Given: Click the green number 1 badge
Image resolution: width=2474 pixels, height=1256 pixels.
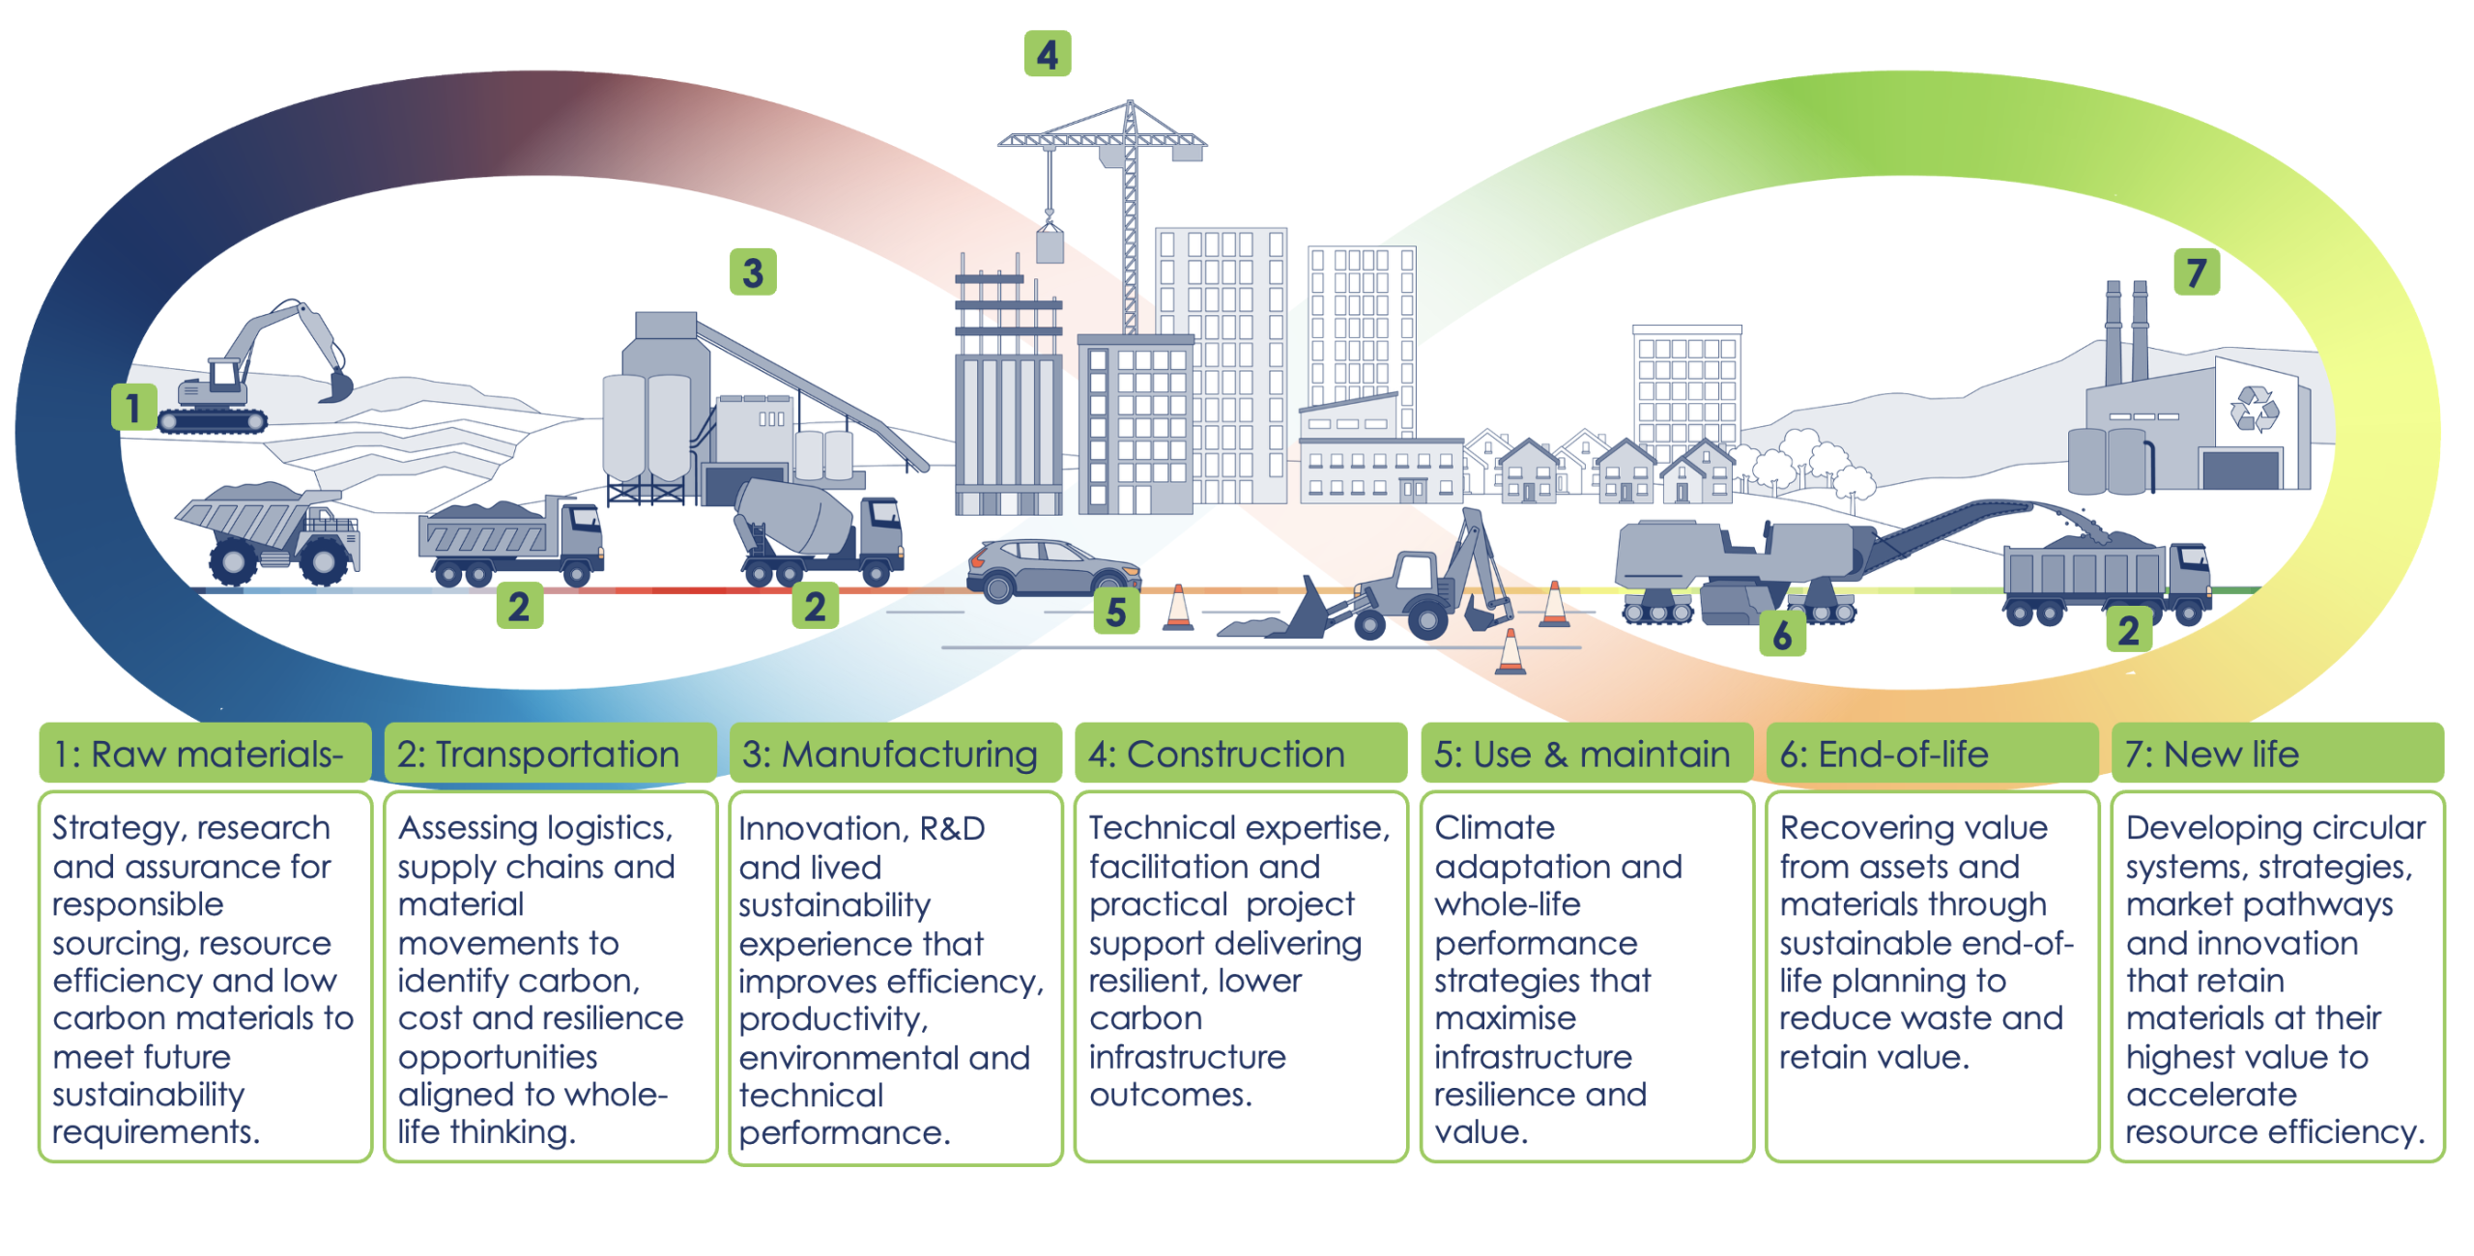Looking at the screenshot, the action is [133, 407].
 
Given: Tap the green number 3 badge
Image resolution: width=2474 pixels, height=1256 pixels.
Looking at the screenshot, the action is [753, 272].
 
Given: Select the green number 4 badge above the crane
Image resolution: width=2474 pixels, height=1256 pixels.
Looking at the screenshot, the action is [1048, 54].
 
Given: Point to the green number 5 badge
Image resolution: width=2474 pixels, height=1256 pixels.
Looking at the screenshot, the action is [1116, 612].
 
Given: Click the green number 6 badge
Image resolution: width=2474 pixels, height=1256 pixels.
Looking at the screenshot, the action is [1783, 634].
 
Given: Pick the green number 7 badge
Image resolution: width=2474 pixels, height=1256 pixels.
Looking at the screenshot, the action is [2197, 272].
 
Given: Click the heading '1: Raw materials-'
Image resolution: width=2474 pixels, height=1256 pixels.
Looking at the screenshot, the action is [199, 755].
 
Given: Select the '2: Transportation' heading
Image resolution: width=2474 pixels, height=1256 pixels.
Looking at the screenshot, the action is [538, 755].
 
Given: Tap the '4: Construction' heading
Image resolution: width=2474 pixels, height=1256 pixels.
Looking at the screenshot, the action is [1217, 755].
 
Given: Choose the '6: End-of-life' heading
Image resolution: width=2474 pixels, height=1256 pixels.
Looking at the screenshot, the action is [1884, 755].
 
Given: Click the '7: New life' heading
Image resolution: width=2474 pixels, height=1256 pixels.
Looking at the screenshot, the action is [2212, 755].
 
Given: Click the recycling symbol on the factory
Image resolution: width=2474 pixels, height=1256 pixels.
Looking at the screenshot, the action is [2255, 409].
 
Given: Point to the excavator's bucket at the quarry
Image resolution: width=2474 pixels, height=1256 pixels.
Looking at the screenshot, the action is [336, 386].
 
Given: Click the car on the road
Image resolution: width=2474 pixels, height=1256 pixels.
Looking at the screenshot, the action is [1053, 570].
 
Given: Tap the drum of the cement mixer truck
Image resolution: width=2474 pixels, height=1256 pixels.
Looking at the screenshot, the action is [794, 518].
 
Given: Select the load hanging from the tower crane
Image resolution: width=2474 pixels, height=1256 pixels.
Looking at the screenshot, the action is [1050, 243].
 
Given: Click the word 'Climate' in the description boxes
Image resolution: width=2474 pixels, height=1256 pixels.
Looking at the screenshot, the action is [1495, 828].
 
